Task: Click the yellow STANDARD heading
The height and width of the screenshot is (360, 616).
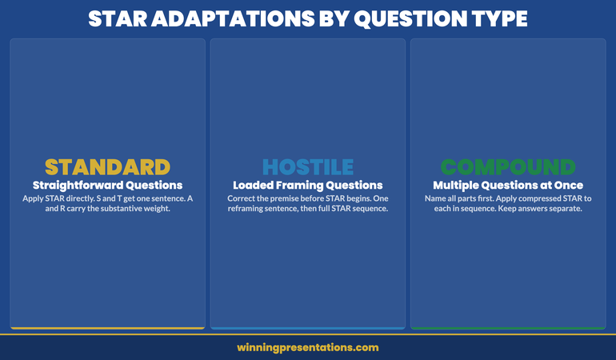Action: click(107, 166)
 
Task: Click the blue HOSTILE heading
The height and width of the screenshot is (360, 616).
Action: click(308, 166)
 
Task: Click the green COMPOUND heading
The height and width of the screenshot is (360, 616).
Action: click(508, 166)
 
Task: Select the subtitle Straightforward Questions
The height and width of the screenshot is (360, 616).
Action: click(107, 185)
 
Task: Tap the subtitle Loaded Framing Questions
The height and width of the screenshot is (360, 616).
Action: click(308, 185)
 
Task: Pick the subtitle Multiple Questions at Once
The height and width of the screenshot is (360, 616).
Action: click(508, 185)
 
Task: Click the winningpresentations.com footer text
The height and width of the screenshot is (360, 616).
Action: click(308, 348)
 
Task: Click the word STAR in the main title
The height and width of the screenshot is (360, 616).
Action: click(117, 18)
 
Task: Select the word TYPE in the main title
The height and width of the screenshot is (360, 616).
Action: click(501, 18)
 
